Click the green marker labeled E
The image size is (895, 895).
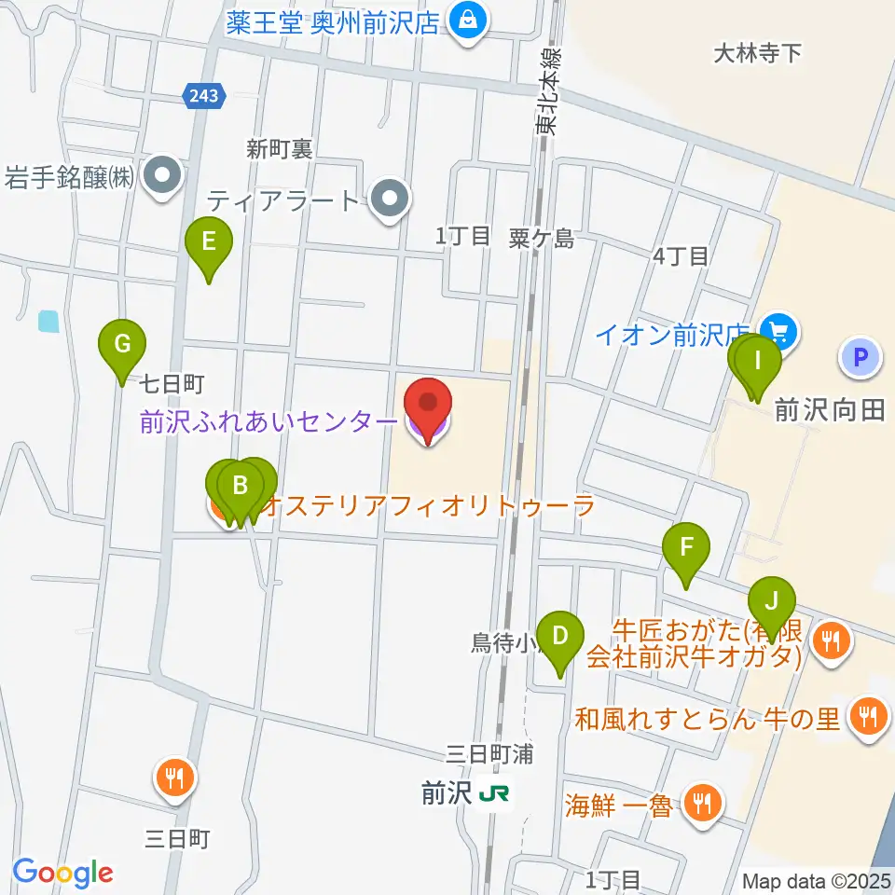coord(208,243)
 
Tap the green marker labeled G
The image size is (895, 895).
coord(122,345)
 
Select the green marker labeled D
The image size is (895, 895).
coord(560,638)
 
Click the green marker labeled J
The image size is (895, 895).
coord(771,602)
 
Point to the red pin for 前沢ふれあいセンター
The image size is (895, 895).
coord(428,406)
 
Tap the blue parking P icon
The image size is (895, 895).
coord(860,357)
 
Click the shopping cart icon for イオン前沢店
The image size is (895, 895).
coord(776,331)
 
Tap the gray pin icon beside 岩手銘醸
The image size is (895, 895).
coord(164,175)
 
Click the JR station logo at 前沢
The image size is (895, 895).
coord(493,793)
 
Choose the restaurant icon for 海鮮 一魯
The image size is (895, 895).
coord(702,802)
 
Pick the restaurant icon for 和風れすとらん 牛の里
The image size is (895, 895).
coord(869,716)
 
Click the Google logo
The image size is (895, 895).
coord(62,873)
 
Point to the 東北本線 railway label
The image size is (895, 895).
coord(550,93)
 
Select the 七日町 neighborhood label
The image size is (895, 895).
coord(172,383)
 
